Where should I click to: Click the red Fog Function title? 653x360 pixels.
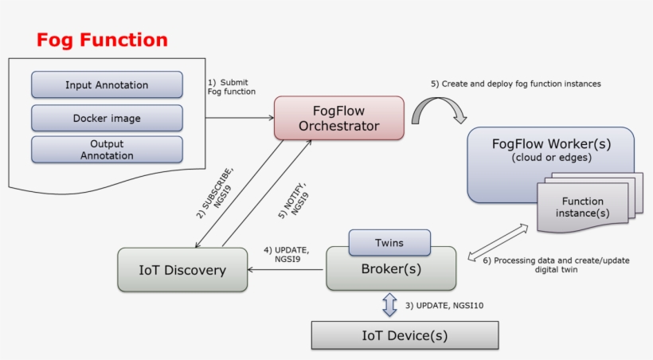103,41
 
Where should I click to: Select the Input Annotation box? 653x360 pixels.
107,85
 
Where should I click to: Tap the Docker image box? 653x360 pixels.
107,118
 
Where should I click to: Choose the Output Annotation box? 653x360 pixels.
107,149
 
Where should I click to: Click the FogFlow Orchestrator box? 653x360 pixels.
339,117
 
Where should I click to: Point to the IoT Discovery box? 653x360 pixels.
182,270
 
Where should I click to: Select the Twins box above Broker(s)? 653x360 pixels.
389,242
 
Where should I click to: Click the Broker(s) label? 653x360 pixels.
391,268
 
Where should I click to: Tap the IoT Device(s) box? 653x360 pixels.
405,335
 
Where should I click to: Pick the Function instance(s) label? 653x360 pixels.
582,207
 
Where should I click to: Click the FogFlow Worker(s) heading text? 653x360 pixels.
550,143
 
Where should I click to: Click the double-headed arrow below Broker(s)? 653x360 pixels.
389,304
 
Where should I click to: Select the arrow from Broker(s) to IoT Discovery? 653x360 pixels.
287,269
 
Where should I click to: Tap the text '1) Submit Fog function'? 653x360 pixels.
232,86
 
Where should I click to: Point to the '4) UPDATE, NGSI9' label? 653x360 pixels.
286,255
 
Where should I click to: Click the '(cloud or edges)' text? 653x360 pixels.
550,158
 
